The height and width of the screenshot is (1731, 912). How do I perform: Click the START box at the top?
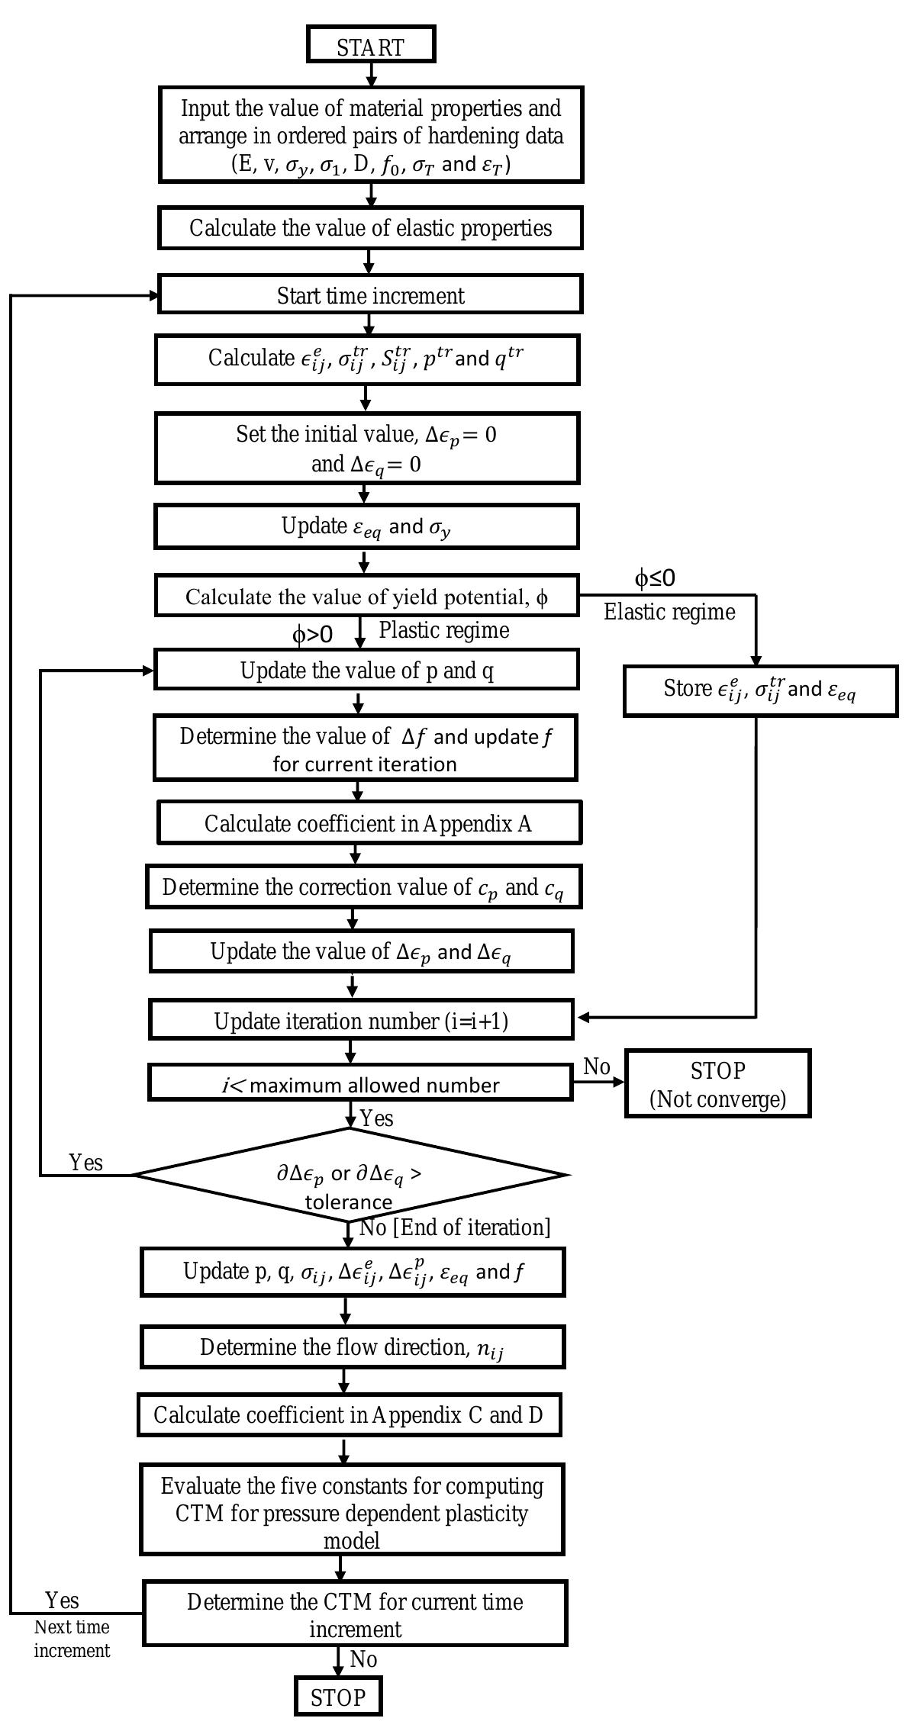[371, 45]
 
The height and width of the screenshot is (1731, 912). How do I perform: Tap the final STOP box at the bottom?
[338, 1697]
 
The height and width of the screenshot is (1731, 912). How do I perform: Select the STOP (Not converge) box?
[717, 1084]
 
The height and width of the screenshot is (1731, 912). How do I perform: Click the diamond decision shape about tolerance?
[350, 1176]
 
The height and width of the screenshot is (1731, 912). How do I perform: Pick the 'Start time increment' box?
[370, 295]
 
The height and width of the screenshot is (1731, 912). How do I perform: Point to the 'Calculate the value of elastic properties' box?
[370, 228]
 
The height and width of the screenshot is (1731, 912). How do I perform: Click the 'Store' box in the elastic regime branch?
[759, 690]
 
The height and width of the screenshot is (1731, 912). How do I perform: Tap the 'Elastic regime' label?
[669, 612]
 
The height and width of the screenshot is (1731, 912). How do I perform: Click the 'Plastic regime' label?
[443, 630]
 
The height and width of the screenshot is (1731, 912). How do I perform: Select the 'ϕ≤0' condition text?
[654, 579]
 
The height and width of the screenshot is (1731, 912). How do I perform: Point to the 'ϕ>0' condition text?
[312, 635]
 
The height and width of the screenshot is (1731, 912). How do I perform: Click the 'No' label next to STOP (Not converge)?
[597, 1067]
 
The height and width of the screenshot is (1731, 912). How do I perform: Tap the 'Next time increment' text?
[72, 1639]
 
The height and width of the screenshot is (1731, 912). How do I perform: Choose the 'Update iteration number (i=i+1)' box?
[361, 1021]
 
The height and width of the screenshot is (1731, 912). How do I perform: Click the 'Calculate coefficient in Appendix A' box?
[369, 823]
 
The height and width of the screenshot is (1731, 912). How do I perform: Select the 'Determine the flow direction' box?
[352, 1348]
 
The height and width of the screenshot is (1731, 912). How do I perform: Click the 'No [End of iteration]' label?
[454, 1227]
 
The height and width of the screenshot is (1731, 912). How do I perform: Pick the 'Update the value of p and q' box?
[366, 670]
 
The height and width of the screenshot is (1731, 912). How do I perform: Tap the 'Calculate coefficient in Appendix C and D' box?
[349, 1415]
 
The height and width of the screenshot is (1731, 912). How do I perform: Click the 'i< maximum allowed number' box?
[360, 1084]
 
